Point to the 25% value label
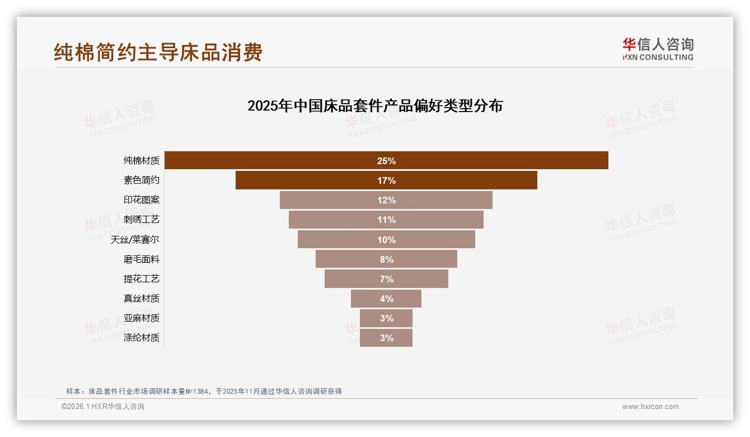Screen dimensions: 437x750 (x=386, y=161)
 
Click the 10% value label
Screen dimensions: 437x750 (x=386, y=240)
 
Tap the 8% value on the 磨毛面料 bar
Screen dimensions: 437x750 (x=386, y=259)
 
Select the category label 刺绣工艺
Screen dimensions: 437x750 (x=141, y=220)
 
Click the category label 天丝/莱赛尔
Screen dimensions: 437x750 (x=134, y=240)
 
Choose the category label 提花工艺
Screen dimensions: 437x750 (x=141, y=279)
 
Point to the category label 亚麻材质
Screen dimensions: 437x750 (x=141, y=318)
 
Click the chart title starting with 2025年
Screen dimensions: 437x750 (x=375, y=106)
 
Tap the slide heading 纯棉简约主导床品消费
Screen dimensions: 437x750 (x=158, y=53)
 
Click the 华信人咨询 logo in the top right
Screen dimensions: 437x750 (x=658, y=49)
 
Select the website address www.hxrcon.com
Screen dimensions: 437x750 (x=650, y=407)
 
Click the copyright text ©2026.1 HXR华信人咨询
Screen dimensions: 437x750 (x=103, y=407)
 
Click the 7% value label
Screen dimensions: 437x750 (x=386, y=279)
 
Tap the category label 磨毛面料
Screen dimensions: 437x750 (x=141, y=259)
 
